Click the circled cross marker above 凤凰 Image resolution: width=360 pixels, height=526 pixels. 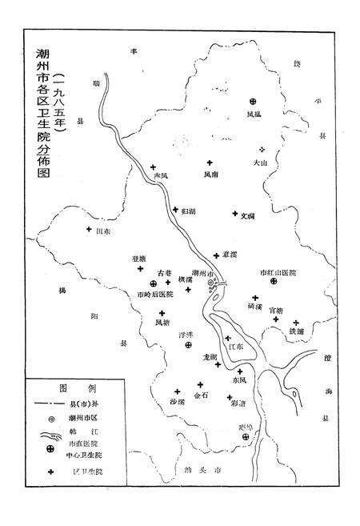[x=254, y=101]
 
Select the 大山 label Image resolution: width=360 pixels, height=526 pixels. [x=258, y=162]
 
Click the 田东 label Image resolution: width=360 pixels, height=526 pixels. [x=102, y=231]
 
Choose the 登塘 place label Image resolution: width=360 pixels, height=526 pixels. [x=138, y=259]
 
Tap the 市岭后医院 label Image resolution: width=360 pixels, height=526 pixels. [x=155, y=295]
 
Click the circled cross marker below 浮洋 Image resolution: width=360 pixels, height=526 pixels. [x=188, y=344]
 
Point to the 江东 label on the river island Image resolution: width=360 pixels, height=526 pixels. [x=234, y=347]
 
